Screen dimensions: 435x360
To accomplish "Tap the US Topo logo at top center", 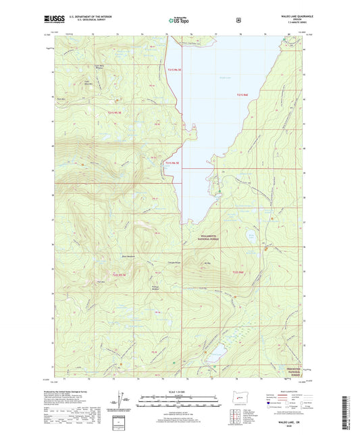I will [179, 21].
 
